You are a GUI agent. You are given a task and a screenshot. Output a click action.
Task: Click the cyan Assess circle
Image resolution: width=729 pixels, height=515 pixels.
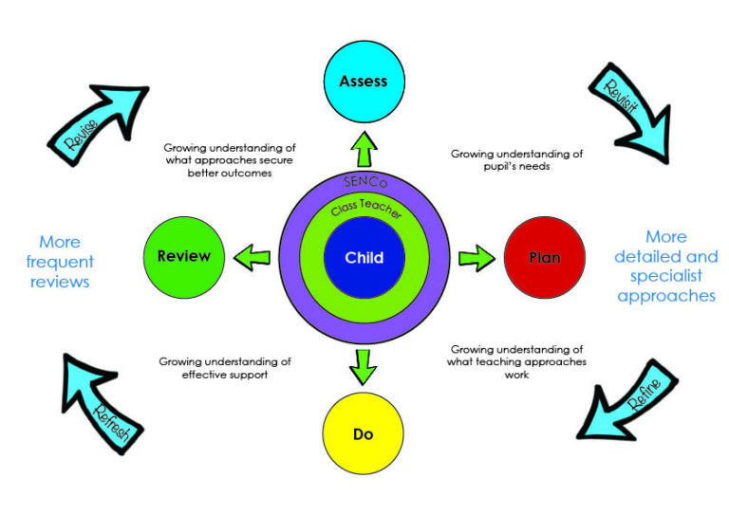[x=364, y=81]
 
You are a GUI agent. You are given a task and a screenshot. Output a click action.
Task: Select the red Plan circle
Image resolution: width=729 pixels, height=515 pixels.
[x=545, y=257]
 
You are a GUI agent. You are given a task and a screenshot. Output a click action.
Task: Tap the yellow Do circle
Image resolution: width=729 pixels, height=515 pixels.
[x=363, y=433]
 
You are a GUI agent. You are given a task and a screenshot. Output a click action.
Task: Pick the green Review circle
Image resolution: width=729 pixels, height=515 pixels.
[x=184, y=256]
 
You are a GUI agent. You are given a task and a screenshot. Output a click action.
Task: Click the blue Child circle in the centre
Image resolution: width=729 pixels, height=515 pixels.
[x=364, y=257]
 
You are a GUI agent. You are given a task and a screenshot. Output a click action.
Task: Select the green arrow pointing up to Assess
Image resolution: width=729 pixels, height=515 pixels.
[x=364, y=143]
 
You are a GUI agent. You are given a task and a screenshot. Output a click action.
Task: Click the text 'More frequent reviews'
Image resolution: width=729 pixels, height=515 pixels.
[x=60, y=262]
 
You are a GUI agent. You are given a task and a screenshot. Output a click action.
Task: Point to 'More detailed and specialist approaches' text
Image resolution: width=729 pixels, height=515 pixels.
[x=665, y=266]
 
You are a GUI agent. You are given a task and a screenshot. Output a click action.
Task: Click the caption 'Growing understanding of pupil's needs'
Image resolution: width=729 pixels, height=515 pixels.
[x=516, y=159]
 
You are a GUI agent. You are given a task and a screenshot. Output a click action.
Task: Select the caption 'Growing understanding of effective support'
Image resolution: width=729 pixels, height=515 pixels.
[x=225, y=368]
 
